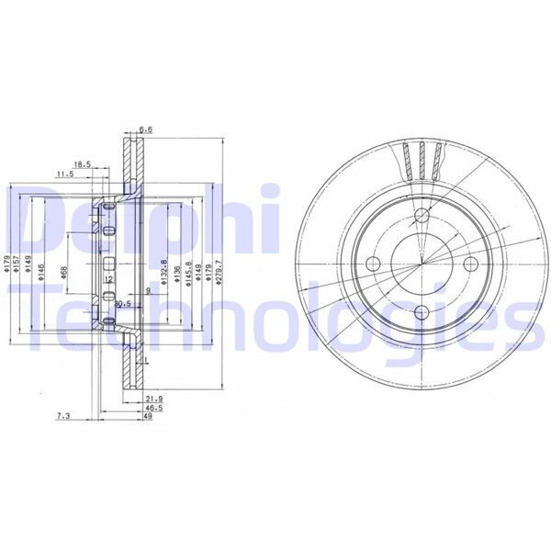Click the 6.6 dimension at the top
pos(145,129)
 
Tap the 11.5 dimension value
pos(64,174)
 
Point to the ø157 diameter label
pos(16,267)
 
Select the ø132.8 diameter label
pos(163,274)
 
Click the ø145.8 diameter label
pos(186,274)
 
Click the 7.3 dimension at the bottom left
pos(63,416)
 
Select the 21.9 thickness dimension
pos(153,399)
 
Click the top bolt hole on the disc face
pos(422,217)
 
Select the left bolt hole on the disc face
pos(373,264)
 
